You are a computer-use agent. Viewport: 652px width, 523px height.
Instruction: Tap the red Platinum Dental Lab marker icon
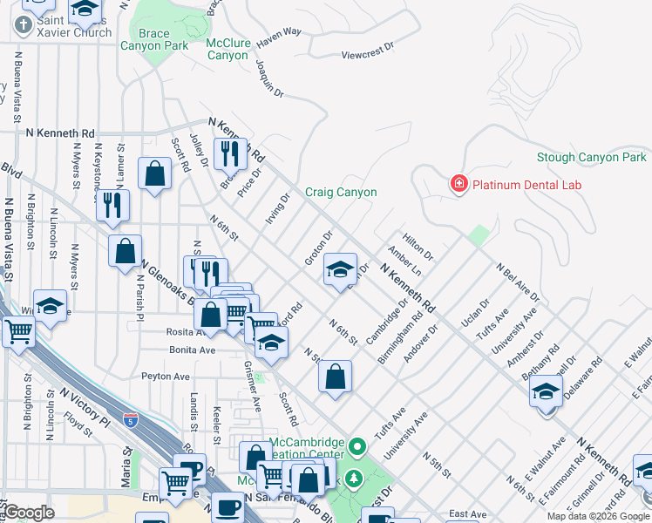[x=458, y=184]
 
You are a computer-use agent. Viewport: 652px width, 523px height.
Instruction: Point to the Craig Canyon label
[x=341, y=192]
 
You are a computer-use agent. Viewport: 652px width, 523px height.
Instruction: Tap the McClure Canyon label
[x=228, y=49]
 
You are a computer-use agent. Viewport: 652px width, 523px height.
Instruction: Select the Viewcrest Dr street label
[x=368, y=54]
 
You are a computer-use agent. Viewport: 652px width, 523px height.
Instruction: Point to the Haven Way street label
[x=279, y=32]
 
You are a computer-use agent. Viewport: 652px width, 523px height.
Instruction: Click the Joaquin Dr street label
[x=270, y=78]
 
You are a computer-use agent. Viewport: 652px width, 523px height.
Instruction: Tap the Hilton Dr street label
[x=418, y=245]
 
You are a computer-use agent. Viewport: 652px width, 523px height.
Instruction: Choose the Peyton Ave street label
[x=166, y=377]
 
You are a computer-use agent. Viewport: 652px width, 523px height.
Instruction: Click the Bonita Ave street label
[x=194, y=350]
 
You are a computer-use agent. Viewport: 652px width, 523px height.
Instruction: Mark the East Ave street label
[x=468, y=514]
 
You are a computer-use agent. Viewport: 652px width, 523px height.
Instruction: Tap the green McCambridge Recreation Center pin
[x=357, y=448]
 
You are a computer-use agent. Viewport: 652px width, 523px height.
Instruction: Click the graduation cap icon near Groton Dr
[x=340, y=269]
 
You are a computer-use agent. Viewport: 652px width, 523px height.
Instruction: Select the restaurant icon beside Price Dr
[x=230, y=153]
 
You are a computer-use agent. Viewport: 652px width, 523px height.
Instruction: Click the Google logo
[x=29, y=513]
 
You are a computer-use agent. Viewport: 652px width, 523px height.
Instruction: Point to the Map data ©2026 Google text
[x=598, y=516]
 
